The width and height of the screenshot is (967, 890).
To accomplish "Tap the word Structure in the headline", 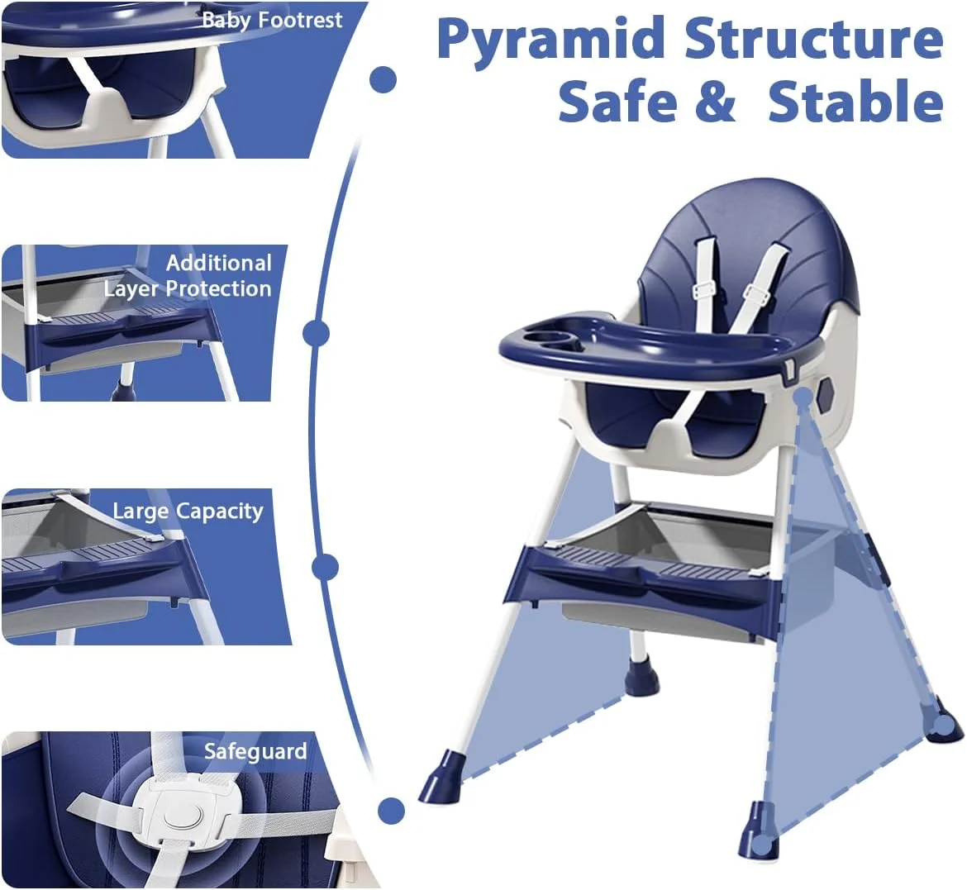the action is pos(814,38).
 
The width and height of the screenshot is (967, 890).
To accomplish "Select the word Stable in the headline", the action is pos(855,101).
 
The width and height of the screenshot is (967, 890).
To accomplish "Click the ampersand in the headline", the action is pos(716,101).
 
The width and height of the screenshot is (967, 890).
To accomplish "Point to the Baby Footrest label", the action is pos(272,21).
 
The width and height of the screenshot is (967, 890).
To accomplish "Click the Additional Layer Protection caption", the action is pos(188,276).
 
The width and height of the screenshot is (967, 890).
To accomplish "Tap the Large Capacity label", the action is pos(188,512).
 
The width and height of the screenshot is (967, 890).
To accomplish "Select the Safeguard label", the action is pos(255,751).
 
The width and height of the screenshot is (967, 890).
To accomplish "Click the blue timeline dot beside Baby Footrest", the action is pos(383,79).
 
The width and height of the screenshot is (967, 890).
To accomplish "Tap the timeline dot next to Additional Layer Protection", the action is pos(316,334).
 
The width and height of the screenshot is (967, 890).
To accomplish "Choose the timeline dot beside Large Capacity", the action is pos(326,567).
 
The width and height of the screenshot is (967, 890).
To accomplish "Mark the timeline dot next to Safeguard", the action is pos(391,810).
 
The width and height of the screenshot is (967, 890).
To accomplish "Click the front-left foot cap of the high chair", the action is pos(440,780).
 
